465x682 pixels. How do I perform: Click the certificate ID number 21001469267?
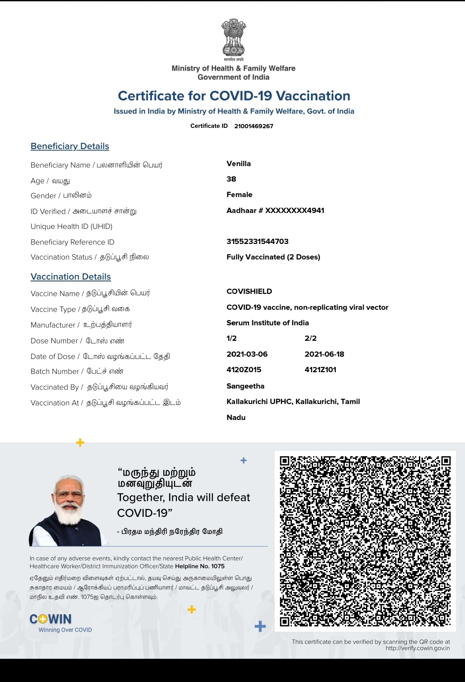tap(254, 126)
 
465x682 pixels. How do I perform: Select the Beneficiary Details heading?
tap(70, 146)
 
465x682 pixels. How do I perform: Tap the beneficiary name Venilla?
tap(239, 164)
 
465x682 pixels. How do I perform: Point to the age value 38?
tap(231, 179)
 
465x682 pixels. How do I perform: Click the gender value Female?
tap(239, 194)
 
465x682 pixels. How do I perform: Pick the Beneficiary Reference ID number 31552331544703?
tap(257, 241)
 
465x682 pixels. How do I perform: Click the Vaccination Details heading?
tap(71, 277)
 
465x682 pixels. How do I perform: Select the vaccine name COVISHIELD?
tap(249, 291)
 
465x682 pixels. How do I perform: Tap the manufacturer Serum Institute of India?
tap(267, 323)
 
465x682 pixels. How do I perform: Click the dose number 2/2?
tap(310, 338)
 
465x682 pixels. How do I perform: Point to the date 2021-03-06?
tap(247, 354)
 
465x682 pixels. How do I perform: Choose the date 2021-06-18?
tap(324, 354)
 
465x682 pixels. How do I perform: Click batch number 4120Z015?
tap(244, 370)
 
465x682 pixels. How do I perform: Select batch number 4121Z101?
tap(320, 370)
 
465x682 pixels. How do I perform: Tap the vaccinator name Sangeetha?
tap(245, 386)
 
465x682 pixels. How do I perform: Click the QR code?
tap(365, 541)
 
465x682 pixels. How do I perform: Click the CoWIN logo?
tap(51, 619)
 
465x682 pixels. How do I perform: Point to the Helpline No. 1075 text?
tap(200, 566)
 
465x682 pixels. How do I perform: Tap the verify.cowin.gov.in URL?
tap(418, 648)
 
